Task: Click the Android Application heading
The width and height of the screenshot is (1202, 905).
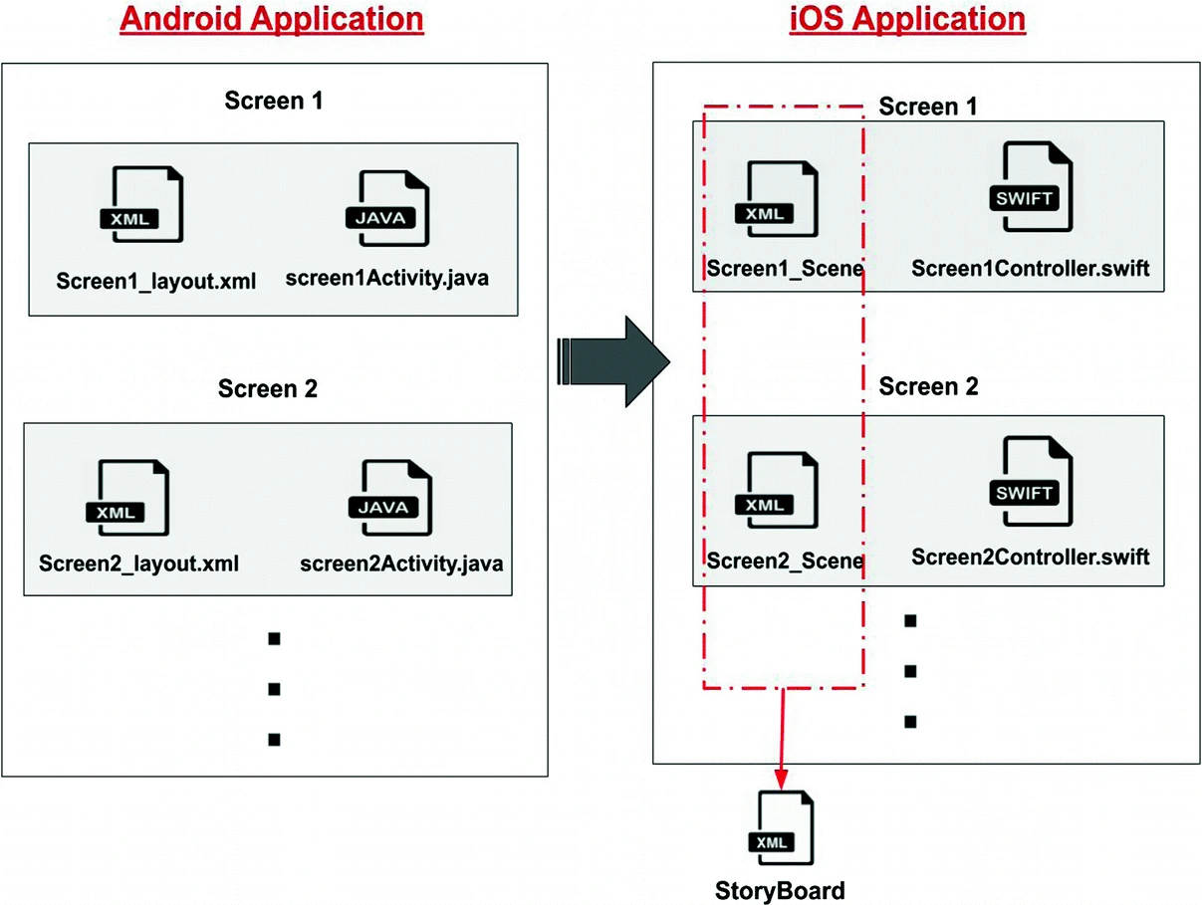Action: (272, 20)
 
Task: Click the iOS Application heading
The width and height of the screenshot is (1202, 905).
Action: (906, 20)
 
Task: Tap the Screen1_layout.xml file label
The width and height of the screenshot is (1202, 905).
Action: (156, 282)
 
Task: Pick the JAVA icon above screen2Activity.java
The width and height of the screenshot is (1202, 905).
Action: (389, 497)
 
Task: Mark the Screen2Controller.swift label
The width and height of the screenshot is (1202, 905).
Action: (1031, 556)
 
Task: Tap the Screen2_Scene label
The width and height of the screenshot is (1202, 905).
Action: (785, 562)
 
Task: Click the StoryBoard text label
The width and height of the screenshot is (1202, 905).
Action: (780, 890)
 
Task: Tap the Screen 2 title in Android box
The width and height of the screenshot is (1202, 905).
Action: (268, 388)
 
